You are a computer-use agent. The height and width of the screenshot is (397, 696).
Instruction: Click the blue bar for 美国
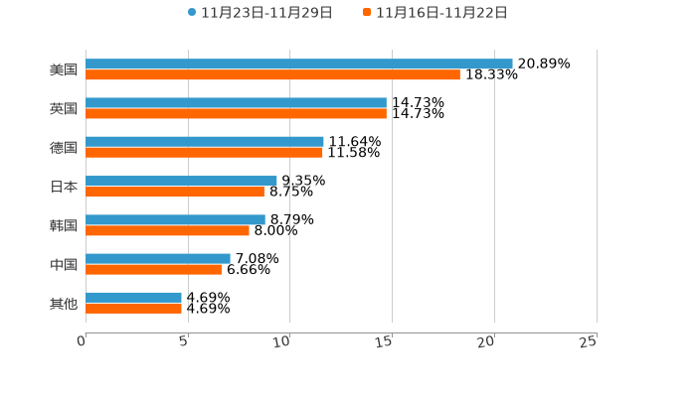point(298,64)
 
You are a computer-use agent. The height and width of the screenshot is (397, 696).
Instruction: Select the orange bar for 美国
point(272,74)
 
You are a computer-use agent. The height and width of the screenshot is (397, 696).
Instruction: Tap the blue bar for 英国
point(236,102)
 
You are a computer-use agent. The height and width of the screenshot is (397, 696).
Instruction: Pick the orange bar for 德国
point(204,153)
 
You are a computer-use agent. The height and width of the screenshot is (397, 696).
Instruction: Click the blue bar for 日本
point(181,181)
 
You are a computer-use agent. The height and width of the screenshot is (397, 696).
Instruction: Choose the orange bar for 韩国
point(167,230)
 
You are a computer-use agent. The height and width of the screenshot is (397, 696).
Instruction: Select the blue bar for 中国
point(158,258)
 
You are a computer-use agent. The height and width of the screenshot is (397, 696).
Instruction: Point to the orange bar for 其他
point(133,309)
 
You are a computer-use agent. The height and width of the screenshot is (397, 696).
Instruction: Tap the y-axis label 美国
point(64,69)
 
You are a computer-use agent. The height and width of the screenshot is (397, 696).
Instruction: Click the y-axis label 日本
point(64,187)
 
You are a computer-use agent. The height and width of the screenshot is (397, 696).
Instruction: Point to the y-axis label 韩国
point(64,225)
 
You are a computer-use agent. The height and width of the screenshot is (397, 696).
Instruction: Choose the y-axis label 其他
point(64,303)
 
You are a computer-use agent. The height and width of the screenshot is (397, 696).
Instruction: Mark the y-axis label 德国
point(64,147)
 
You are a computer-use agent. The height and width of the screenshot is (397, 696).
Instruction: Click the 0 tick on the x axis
point(82,342)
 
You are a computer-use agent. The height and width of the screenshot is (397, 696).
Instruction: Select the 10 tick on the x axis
point(282,342)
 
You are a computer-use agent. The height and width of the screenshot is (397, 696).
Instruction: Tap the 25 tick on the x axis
point(588,342)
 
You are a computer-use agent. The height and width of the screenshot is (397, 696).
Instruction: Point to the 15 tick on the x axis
point(385,342)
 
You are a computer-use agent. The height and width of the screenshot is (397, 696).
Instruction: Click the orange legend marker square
point(367,13)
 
